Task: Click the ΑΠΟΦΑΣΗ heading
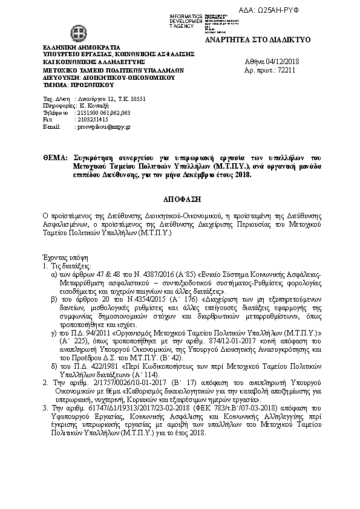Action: tap(180, 198)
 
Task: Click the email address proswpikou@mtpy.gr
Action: tap(102, 128)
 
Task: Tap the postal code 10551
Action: tap(136, 99)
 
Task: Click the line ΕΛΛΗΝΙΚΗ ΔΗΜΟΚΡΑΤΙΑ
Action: tap(82, 47)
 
